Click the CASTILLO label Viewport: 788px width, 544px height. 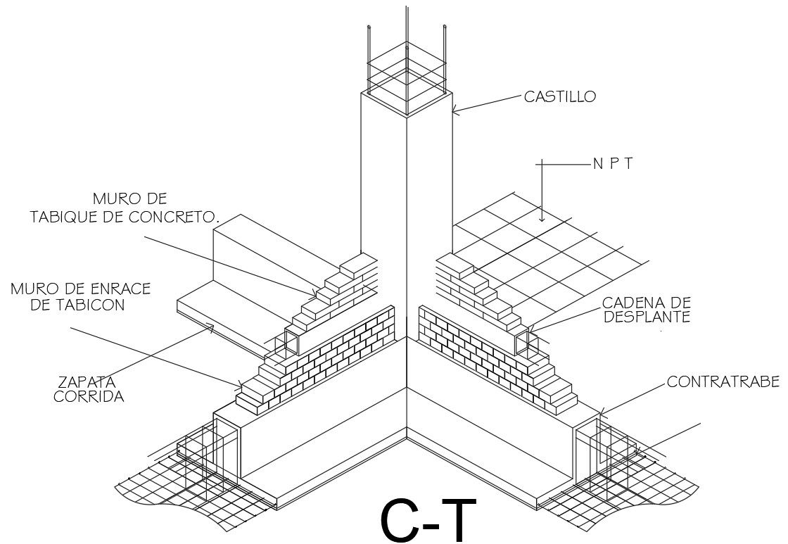pos(559,96)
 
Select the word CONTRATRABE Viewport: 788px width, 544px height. pos(723,382)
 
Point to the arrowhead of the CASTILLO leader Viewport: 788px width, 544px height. pos(455,110)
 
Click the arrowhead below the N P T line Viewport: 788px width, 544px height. pos(542,218)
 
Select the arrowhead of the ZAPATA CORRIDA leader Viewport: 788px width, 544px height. pos(212,326)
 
